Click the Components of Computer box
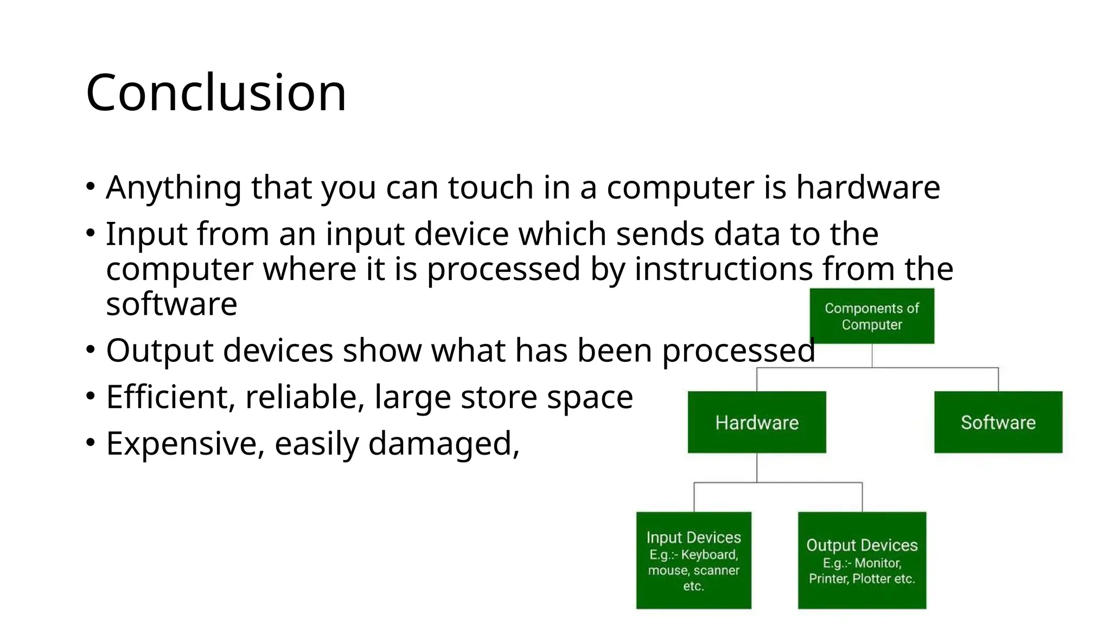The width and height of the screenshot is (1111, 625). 872,316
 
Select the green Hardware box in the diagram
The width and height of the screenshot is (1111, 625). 757,422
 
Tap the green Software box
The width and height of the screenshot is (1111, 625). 998,422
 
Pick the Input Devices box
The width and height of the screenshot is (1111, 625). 693,560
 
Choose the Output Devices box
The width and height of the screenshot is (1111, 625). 862,560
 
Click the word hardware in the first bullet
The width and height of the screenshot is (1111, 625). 868,188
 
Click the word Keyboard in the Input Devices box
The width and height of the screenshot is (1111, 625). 710,554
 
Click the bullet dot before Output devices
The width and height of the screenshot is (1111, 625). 91,349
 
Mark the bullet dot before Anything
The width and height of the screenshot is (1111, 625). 91,187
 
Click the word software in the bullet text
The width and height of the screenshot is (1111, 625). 171,304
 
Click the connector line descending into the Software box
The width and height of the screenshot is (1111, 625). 998,379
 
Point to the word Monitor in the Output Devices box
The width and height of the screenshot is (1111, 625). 877,563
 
